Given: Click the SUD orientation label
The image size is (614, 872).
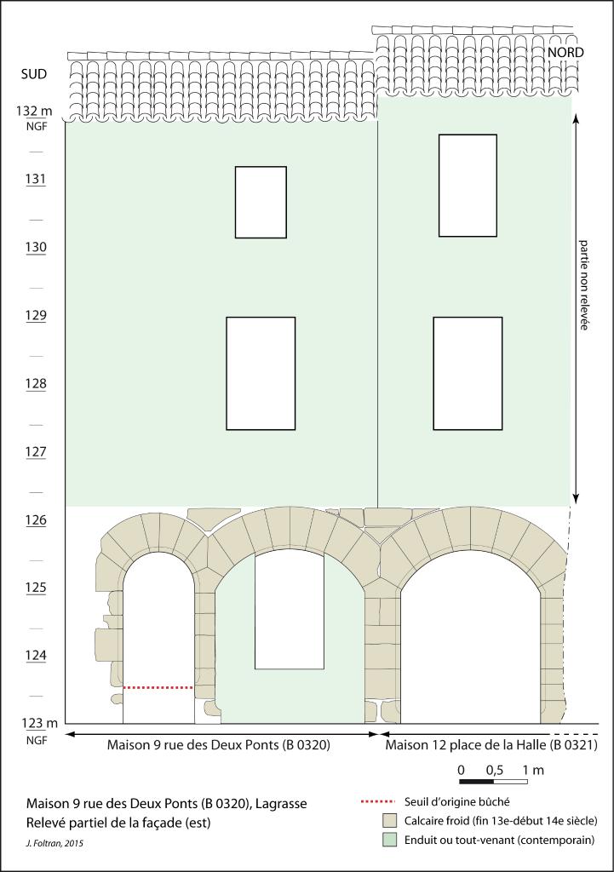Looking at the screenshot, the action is click(x=33, y=74).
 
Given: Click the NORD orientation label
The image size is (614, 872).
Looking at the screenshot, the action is click(x=566, y=52).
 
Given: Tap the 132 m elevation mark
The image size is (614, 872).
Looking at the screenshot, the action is click(x=34, y=111).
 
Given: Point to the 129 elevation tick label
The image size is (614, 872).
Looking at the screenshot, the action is click(x=36, y=315).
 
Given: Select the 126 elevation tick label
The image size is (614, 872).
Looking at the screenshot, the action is click(x=36, y=520).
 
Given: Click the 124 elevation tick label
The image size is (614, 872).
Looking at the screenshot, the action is click(x=36, y=656).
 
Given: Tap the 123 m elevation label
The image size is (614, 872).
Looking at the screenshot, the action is click(x=39, y=724).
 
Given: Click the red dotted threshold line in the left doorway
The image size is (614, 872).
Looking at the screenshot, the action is click(x=158, y=688).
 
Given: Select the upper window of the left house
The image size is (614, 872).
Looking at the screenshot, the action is click(x=261, y=203).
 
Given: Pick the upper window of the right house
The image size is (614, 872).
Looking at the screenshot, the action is click(x=468, y=186).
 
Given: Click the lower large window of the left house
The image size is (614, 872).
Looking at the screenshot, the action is click(x=261, y=374).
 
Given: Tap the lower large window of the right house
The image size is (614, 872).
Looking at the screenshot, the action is click(x=468, y=374).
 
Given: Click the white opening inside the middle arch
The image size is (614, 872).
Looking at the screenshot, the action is click(x=290, y=611).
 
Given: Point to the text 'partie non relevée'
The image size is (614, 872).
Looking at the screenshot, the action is click(x=583, y=284).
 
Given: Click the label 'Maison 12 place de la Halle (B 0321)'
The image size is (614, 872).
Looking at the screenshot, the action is click(x=491, y=745).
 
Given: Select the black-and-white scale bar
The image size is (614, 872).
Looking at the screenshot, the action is click(x=494, y=782).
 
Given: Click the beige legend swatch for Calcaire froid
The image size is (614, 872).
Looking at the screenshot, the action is click(x=390, y=821).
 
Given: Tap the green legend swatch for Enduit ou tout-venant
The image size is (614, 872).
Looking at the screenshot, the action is click(x=390, y=840).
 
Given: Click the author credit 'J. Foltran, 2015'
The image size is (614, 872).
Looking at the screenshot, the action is click(x=55, y=844).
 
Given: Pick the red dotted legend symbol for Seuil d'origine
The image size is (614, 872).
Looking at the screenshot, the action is click(x=379, y=802).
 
